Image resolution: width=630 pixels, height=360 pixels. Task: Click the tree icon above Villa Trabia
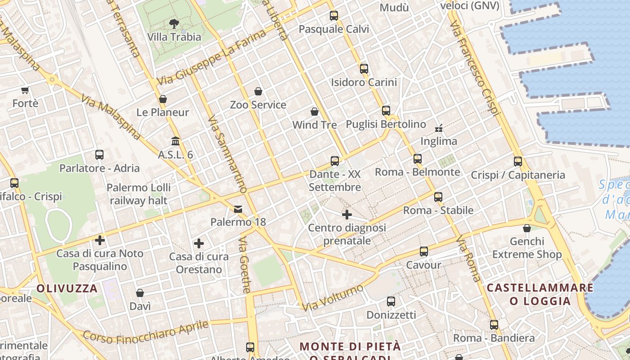174,23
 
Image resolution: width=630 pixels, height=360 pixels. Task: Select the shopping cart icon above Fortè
25,90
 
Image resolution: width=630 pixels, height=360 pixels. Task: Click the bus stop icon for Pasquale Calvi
333,16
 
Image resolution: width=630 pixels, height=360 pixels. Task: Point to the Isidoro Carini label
364,82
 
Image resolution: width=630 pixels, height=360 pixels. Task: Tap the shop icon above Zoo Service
258,91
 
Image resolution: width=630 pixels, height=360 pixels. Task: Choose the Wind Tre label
315,125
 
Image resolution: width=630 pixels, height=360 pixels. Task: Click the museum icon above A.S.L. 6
175,141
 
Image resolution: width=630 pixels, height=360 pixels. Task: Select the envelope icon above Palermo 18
238,209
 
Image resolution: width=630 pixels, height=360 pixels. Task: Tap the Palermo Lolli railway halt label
139,194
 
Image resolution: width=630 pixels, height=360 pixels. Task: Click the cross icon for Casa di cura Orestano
199,243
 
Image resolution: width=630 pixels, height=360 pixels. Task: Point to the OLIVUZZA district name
67,288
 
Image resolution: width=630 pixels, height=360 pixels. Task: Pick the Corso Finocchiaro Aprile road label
146,332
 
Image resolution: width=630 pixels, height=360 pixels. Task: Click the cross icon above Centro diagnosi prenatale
347,215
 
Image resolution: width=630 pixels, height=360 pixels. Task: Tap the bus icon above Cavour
423,252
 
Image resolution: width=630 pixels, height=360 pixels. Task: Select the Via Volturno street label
333,298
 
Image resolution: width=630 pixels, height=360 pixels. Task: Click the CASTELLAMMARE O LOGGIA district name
540,294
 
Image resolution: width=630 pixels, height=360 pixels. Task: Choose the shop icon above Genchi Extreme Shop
527,228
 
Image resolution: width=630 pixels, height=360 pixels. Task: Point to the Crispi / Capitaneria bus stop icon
518,162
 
